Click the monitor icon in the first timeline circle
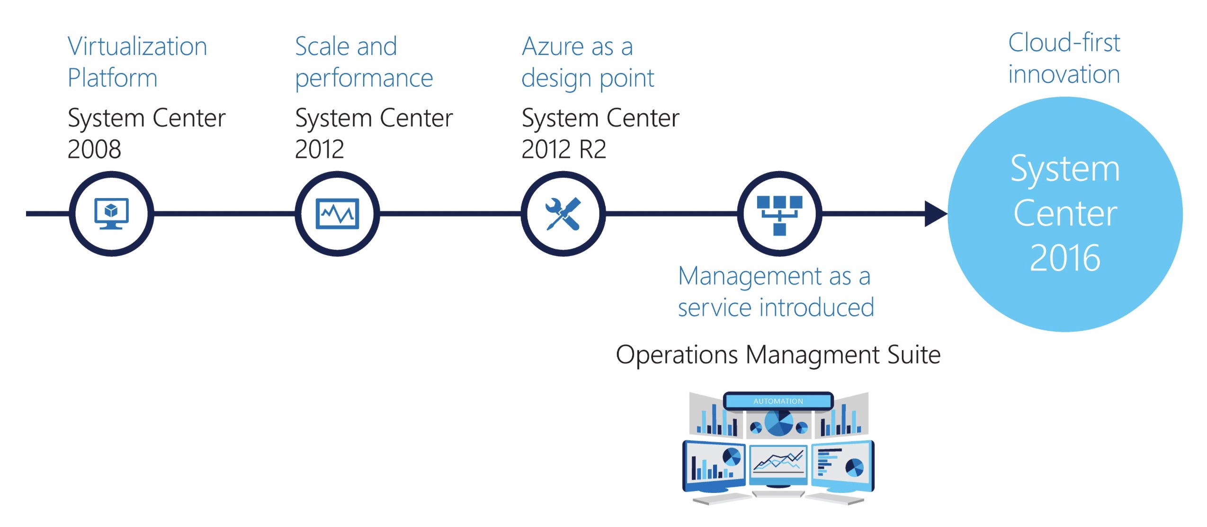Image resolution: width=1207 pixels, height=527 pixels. tap(111, 213)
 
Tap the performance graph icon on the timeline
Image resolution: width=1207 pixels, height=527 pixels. tap(337, 213)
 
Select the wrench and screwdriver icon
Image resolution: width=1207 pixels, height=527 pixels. tap(563, 214)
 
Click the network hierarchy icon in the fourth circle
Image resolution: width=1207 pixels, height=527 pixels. tap(779, 215)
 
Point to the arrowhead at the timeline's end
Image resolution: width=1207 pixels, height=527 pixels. tap(935, 214)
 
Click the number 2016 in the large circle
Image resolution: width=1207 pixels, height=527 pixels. tap(1065, 258)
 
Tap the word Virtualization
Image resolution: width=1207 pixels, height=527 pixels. tap(137, 46)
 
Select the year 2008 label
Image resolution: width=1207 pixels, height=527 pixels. tap(94, 149)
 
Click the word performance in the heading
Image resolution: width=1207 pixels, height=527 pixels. tap(364, 78)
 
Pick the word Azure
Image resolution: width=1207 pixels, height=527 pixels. tap(553, 46)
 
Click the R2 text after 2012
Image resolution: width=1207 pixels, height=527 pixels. tap(592, 149)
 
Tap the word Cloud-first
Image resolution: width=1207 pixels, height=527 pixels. tap(1064, 43)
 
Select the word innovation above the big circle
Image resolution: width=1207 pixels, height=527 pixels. tap(1064, 74)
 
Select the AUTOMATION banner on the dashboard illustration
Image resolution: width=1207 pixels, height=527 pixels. tap(778, 401)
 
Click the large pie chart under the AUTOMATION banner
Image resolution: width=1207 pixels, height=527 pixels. tap(778, 422)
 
